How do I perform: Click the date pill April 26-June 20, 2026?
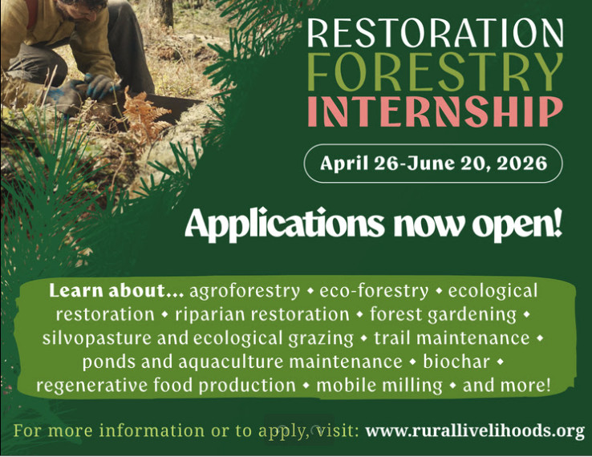click(x=433, y=164)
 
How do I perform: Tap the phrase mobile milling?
click(x=379, y=385)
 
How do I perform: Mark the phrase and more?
click(x=507, y=385)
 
